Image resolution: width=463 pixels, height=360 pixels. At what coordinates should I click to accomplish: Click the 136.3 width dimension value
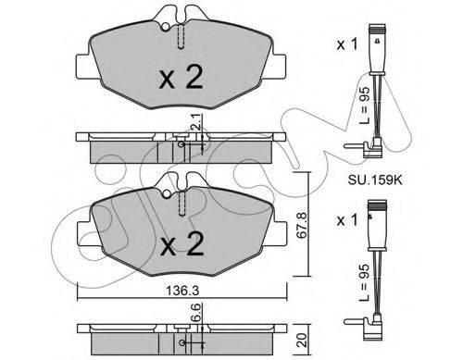pos(182,291)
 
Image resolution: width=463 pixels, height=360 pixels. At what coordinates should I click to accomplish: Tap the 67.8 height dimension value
pos(302,225)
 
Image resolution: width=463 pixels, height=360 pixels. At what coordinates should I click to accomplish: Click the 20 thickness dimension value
pos(302,340)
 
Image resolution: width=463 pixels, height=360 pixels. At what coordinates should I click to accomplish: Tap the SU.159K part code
pos(375,180)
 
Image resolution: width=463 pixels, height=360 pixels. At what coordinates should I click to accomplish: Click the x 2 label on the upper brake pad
pos(181,78)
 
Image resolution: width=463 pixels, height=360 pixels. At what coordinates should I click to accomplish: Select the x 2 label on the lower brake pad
pos(181,244)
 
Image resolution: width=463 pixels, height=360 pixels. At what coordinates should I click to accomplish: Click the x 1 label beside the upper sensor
pos(347,44)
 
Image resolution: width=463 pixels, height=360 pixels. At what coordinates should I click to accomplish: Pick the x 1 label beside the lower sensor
pos(347,220)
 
